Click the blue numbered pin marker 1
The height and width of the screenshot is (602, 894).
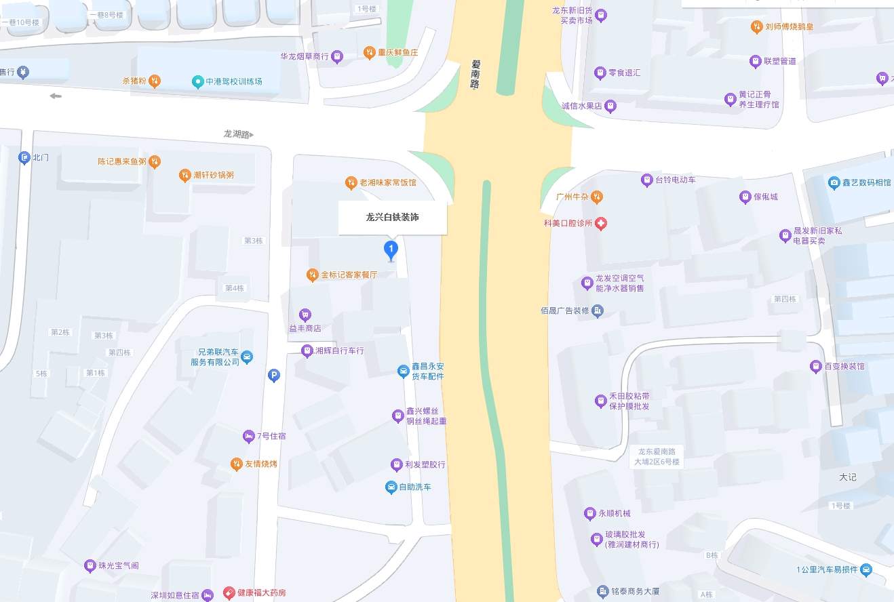pos(391,249)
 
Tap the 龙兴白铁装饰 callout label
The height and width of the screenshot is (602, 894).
pos(393,218)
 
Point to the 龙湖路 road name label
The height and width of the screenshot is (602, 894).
pos(238,134)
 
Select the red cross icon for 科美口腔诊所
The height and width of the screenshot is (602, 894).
pos(601,224)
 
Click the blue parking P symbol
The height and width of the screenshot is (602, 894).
pos(274,376)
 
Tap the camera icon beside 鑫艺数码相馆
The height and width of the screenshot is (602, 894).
pos(834,182)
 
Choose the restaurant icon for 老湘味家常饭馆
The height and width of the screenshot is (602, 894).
pos(351,182)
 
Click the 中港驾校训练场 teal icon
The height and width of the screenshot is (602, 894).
pos(197,82)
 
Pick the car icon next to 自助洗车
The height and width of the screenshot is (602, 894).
pos(391,487)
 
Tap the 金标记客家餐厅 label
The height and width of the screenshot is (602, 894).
pos(349,275)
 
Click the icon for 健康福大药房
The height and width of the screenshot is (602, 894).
pos(229,593)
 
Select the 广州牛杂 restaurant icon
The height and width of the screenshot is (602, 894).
pos(596,197)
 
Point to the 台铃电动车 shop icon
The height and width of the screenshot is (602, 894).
pos(646,180)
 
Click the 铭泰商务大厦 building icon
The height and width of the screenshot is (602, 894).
pos(602,592)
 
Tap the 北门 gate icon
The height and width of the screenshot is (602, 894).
pos(24,158)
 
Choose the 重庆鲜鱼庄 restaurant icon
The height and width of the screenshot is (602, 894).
pos(370,52)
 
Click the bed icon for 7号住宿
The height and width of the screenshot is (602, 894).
pos(248,436)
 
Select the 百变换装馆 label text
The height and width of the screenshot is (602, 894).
pos(844,367)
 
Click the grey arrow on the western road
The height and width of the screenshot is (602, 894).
pos(56,96)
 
